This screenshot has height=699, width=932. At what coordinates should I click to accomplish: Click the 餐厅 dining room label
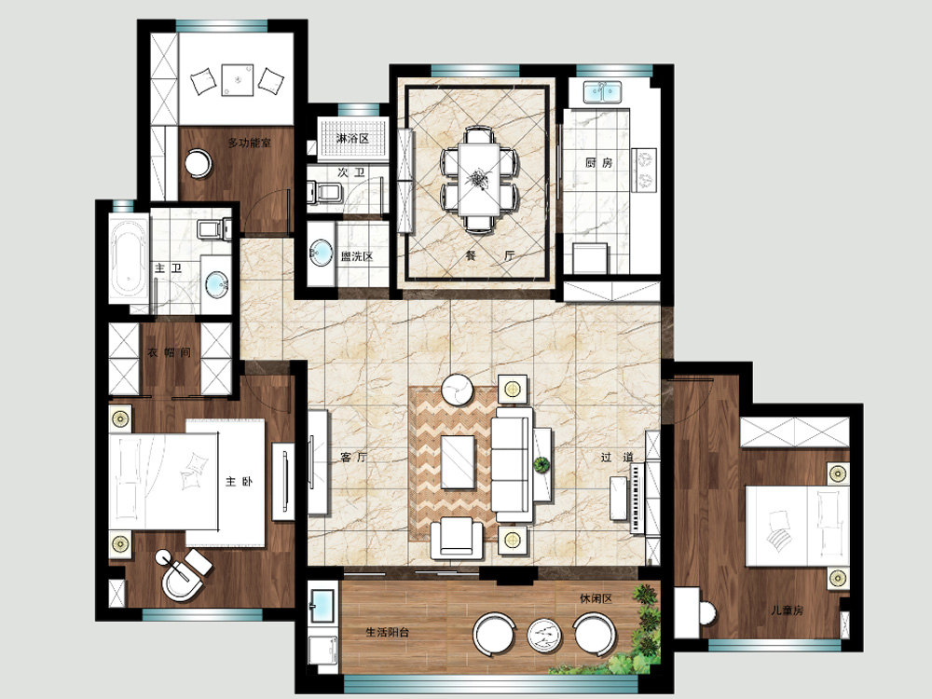point(490,256)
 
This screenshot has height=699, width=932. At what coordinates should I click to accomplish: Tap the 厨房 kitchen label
point(598,162)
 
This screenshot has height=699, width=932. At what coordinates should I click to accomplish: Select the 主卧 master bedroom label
point(239,482)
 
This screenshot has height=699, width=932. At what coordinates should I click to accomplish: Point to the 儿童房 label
point(787,610)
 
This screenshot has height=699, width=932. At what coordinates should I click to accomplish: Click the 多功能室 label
point(250,143)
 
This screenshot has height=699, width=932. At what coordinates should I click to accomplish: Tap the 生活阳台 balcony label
point(388,633)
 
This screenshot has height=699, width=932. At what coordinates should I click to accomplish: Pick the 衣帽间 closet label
point(170,352)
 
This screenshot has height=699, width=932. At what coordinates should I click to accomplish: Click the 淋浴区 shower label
point(352,139)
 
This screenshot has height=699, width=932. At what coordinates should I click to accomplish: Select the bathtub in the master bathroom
point(129,260)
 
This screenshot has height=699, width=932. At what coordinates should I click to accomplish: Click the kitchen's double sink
point(602,92)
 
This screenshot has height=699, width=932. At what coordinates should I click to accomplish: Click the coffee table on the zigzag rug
point(458,462)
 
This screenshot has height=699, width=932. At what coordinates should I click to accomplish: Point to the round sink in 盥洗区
point(322,254)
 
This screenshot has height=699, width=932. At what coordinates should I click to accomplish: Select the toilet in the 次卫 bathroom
point(324,193)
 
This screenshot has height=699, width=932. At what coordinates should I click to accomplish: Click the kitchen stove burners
point(644,170)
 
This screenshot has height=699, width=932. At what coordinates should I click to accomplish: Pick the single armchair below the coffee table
point(457,538)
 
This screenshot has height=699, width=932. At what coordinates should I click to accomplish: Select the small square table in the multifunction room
point(238,79)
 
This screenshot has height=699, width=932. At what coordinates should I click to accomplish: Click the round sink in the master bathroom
point(216,284)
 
